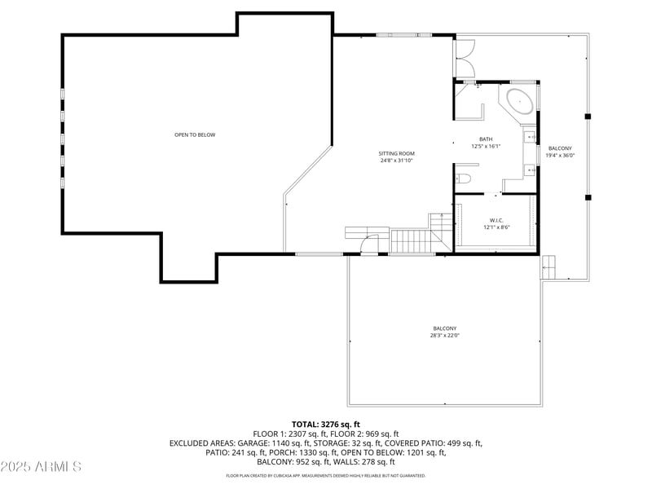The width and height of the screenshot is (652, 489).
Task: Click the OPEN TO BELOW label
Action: click(x=195, y=134)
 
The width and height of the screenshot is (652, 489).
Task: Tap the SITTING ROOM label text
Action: click(x=396, y=153)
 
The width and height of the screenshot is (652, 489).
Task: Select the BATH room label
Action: click(x=486, y=139)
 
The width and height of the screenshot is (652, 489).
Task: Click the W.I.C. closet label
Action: click(x=496, y=220)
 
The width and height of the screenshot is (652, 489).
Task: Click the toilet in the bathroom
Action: click(x=464, y=178)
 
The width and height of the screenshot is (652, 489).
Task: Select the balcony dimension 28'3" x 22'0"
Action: click(x=445, y=335)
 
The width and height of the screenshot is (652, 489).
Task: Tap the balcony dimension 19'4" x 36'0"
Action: click(x=560, y=156)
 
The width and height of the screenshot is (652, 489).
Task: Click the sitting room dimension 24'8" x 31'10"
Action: click(x=396, y=161)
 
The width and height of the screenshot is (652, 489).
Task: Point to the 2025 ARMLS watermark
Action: click(x=41, y=467)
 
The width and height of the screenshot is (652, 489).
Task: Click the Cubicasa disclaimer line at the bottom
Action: click(x=325, y=475)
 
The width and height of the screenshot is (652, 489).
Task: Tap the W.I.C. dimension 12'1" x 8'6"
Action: click(x=496, y=227)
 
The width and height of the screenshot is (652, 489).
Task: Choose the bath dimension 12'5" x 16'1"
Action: click(x=486, y=146)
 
